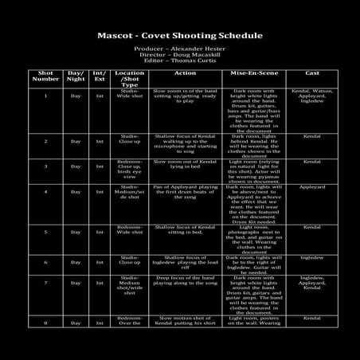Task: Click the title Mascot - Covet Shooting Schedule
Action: [x=179, y=36]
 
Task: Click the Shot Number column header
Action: [x=45, y=76]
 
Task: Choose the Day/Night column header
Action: [x=76, y=76]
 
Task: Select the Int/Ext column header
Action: [x=100, y=76]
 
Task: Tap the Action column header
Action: [x=185, y=73]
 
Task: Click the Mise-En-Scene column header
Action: [x=252, y=73]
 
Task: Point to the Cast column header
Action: [x=312, y=73]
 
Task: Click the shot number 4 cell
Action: [x=45, y=192]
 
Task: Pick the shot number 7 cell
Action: [x=45, y=283]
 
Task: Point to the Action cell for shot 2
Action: [x=185, y=141]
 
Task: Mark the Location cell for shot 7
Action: [x=130, y=284]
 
